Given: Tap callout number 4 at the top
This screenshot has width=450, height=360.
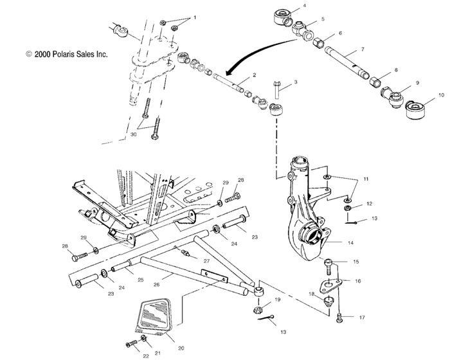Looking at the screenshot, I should coord(304,6).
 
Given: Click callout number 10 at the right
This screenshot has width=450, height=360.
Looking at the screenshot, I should coord(441,94).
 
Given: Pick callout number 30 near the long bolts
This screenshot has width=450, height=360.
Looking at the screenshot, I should coord(133,135).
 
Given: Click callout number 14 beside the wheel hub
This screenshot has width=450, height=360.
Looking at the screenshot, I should coord(350,243).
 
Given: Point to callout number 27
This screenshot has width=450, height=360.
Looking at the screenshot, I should coord(207,262).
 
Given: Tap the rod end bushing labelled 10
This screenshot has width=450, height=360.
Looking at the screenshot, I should coord(420,109).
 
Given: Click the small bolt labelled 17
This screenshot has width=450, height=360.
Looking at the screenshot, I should coord(340,316).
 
